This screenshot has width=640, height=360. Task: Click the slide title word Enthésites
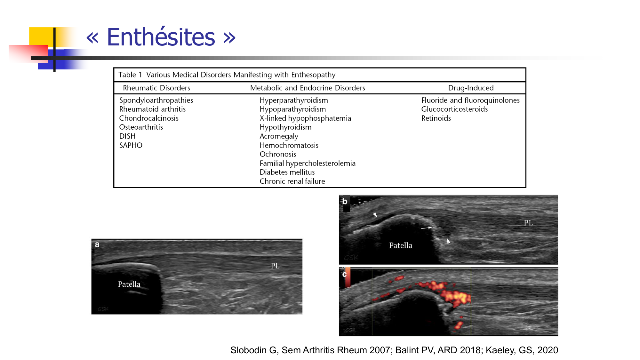coord(161,37)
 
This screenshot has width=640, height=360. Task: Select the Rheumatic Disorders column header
coord(156,88)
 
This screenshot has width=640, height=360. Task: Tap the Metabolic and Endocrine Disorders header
coord(308,88)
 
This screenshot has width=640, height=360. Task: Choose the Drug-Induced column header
coord(471,88)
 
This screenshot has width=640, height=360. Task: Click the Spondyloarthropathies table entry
coord(156,100)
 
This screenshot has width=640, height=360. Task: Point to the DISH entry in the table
coord(127,136)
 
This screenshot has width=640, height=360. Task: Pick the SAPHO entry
coord(131,145)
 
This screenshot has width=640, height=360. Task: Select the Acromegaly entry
coord(279,136)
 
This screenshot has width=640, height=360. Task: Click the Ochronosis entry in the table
coord(278,154)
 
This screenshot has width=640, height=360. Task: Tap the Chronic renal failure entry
coord(292,181)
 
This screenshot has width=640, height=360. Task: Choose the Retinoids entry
coord(436,118)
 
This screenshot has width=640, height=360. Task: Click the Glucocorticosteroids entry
coord(454,109)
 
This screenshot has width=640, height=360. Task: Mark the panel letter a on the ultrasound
coord(97,244)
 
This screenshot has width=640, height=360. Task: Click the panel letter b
coord(345,201)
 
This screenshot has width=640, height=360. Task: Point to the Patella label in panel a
coord(129,284)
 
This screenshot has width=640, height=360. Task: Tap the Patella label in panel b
coord(401,245)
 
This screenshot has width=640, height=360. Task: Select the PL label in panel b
coord(528,223)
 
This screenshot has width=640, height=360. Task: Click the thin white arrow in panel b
coord(426,228)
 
